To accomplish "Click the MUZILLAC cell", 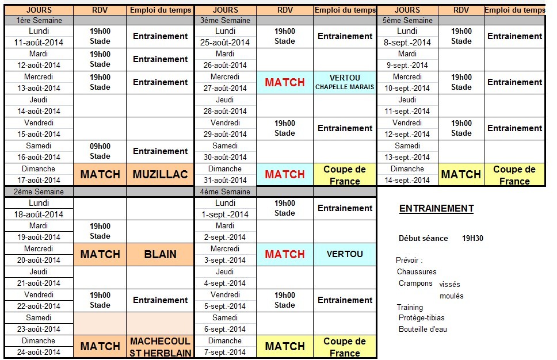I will pyautogui.click(x=161, y=174).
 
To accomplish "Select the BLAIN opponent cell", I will pyautogui.click(x=161, y=254).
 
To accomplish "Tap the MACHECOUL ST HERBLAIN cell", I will pyautogui.click(x=161, y=347).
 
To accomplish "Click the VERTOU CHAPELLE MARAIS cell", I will pyautogui.click(x=345, y=82).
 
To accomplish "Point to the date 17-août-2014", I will pyautogui.click(x=39, y=180).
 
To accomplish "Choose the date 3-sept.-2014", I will pyautogui.click(x=225, y=260).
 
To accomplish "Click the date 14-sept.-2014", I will pyautogui.click(x=407, y=180).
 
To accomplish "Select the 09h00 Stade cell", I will pyautogui.click(x=100, y=151).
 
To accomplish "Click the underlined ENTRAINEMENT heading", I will pyautogui.click(x=436, y=209).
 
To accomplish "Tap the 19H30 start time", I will pyautogui.click(x=472, y=238).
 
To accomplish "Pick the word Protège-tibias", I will pyautogui.click(x=421, y=318).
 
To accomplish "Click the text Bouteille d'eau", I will pyautogui.click(x=422, y=330).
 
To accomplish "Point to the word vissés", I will pyautogui.click(x=449, y=284).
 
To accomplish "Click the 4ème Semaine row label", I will pyautogui.click(x=224, y=192).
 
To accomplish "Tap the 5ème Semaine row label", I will pyautogui.click(x=408, y=20).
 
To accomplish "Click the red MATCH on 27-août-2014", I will pyautogui.click(x=284, y=82).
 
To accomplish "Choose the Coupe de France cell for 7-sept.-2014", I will pyautogui.click(x=345, y=347).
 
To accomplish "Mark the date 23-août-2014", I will pyautogui.click(x=39, y=329).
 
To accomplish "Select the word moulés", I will pyautogui.click(x=452, y=296).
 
